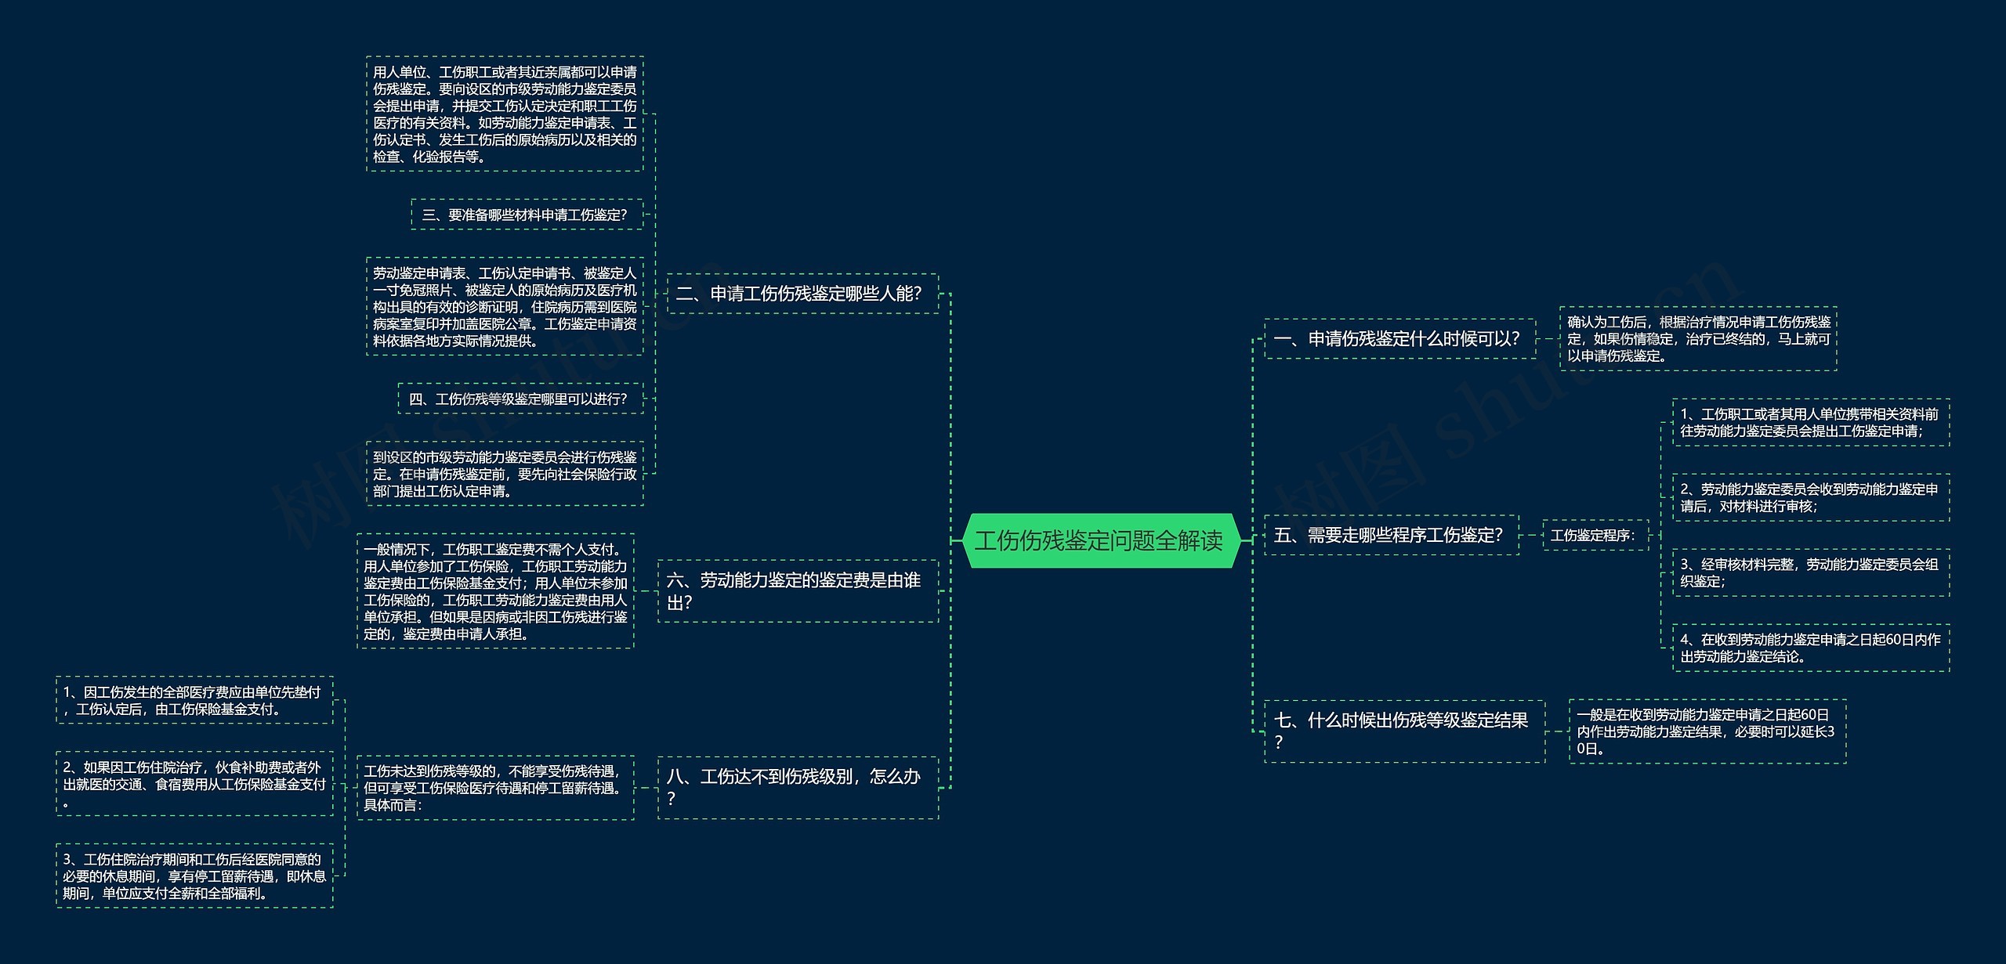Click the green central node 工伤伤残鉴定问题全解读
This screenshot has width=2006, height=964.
1099,540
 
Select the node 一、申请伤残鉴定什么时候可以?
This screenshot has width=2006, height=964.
1399,339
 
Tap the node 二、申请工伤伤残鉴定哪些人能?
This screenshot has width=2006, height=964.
802,294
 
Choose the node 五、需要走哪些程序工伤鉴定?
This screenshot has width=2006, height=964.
1391,535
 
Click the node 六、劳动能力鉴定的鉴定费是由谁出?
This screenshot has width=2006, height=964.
797,591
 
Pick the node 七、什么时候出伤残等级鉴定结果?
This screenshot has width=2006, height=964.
1403,731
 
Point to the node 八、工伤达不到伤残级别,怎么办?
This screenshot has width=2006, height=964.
797,787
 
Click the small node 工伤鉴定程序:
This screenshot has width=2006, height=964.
1595,536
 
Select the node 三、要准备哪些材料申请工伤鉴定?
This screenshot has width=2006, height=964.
527,215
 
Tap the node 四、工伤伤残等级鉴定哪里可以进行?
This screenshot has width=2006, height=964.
520,399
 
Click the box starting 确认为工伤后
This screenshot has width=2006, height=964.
1698,338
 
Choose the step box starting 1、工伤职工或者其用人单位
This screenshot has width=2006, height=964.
1810,422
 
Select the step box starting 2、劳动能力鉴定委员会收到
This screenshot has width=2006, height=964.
1810,497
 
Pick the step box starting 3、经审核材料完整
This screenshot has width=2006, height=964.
1810,572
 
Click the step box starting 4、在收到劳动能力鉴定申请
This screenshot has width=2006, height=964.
1810,648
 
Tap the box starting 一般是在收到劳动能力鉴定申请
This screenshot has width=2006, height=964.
1707,731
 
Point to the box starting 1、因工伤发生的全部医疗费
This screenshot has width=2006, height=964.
194,700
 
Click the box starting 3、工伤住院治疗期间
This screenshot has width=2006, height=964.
194,876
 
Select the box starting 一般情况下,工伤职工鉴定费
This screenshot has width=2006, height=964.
495,591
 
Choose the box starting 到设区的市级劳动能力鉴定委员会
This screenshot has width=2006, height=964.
505,474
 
